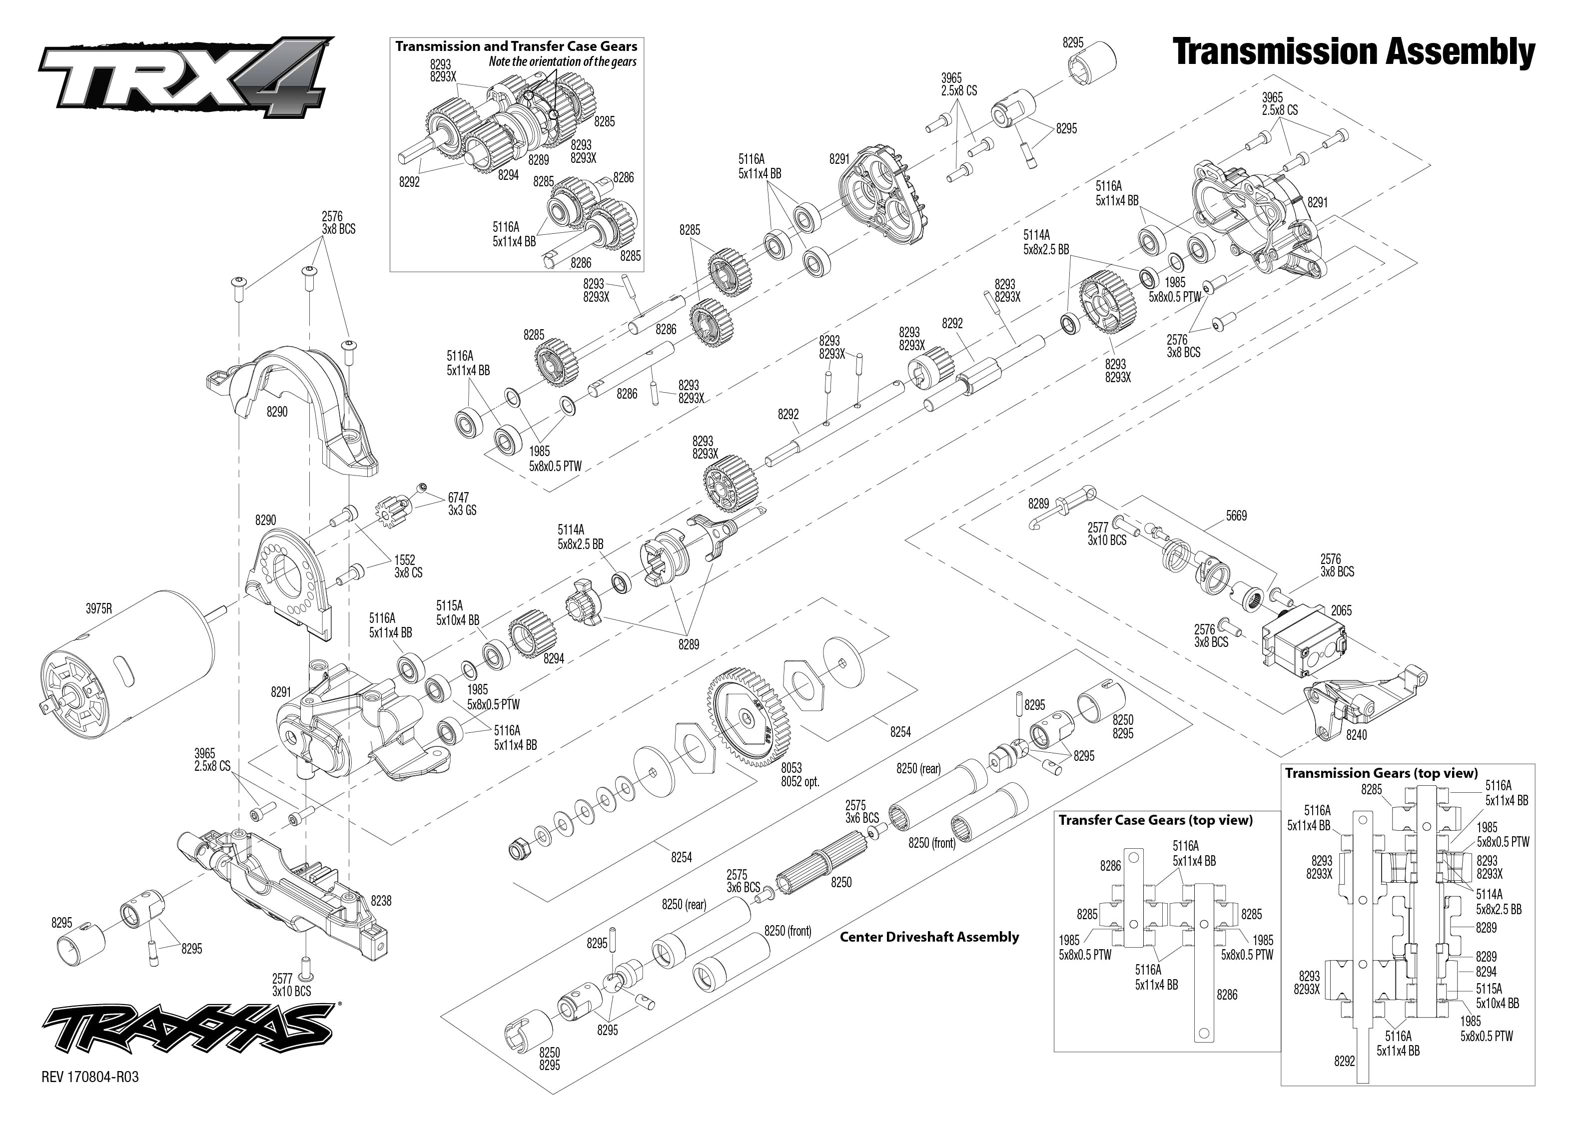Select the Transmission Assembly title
pyautogui.click(x=1353, y=52)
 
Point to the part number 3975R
pyautogui.click(x=99, y=609)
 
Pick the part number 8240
pyautogui.click(x=1356, y=735)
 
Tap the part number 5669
pyautogui.click(x=1236, y=516)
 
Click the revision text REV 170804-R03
pyautogui.click(x=90, y=1078)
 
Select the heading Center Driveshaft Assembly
pyautogui.click(x=929, y=937)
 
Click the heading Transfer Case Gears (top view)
pyautogui.click(x=1155, y=820)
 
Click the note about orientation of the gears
pyautogui.click(x=562, y=61)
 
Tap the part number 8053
pyautogui.click(x=791, y=768)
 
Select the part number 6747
pyautogui.click(x=458, y=498)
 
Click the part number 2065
pyautogui.click(x=1341, y=610)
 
